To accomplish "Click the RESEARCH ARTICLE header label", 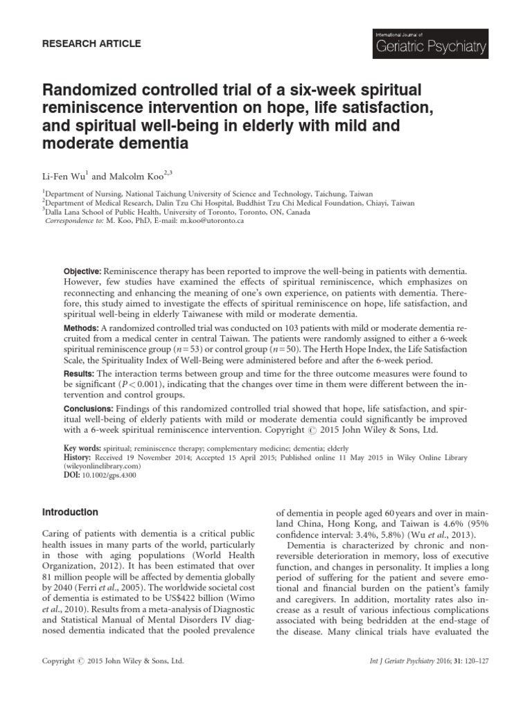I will tap(94, 44).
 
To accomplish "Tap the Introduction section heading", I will tap(70, 512).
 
